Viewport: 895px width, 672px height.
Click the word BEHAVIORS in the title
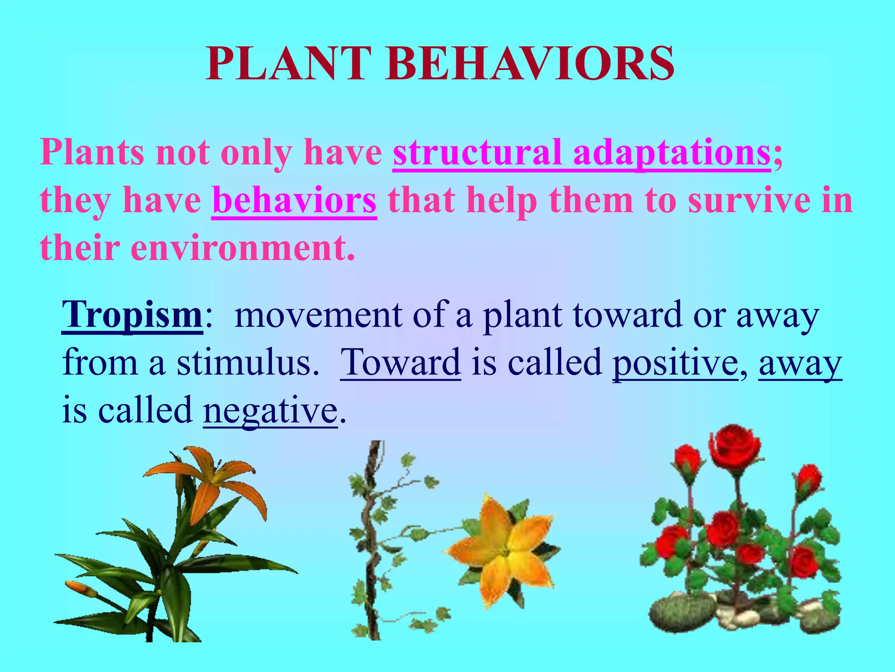(x=529, y=64)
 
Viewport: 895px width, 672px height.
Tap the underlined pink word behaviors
(x=294, y=200)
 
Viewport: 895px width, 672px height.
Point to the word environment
(x=242, y=248)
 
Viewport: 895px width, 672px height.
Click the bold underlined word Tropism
(x=132, y=315)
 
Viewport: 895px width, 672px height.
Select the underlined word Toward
(x=400, y=363)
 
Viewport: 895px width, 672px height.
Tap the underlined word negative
(x=270, y=410)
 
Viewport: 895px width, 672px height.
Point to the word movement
(x=318, y=315)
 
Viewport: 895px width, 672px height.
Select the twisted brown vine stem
(x=371, y=547)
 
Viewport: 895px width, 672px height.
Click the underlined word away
(x=800, y=363)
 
